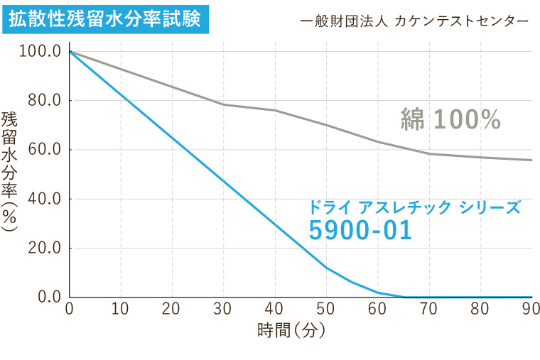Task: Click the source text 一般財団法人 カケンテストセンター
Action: [x=414, y=21]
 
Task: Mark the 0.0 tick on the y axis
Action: [x=48, y=297]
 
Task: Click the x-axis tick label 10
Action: [x=121, y=309]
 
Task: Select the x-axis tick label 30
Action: [x=224, y=309]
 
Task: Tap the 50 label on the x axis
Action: [x=326, y=309]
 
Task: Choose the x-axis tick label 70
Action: [x=429, y=309]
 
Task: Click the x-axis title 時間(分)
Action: [x=291, y=330]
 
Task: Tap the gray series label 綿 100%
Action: [x=451, y=120]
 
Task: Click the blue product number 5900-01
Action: [x=360, y=231]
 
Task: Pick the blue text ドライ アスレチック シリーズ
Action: [x=414, y=207]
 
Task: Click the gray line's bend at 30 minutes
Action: [x=224, y=104]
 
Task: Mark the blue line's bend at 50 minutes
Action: [x=326, y=267]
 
